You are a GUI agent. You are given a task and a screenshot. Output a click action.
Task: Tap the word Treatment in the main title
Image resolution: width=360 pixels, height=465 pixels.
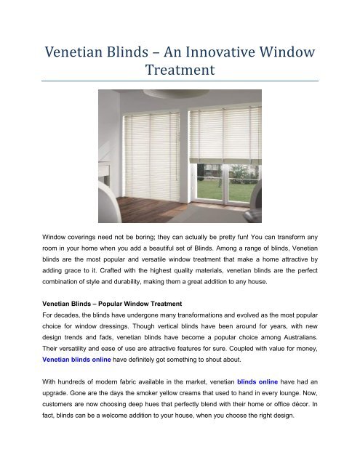[x=180, y=72]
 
